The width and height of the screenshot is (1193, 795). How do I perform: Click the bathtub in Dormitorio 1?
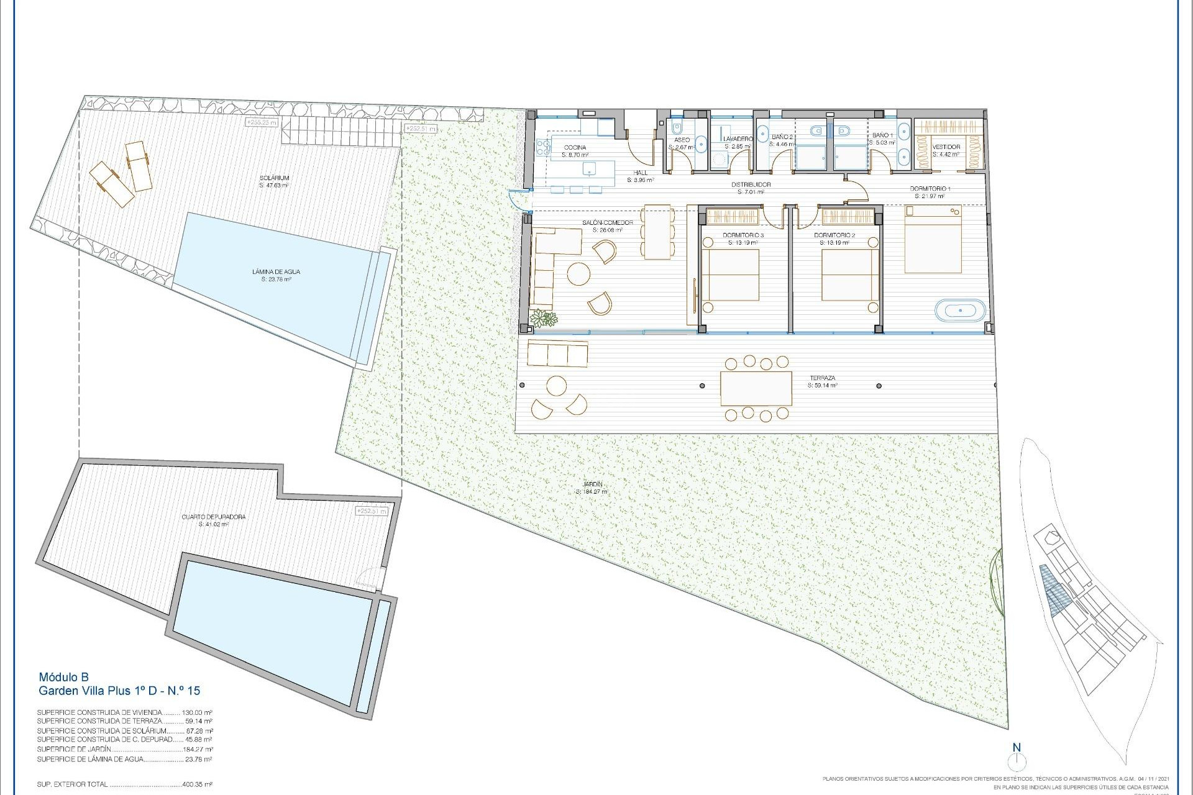click(x=961, y=309)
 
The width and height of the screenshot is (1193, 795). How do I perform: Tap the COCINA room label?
click(x=574, y=148)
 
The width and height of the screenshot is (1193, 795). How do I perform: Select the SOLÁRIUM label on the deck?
click(x=275, y=178)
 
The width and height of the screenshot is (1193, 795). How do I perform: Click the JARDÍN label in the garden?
click(x=593, y=485)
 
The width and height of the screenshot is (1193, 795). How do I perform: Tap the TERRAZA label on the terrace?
click(x=822, y=378)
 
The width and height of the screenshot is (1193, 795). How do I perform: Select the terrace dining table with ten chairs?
click(x=756, y=388)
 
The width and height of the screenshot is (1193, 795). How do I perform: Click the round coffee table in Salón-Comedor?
click(x=579, y=274)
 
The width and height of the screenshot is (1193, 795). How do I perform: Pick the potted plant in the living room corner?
click(x=546, y=319)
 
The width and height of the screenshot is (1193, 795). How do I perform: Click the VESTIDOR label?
click(x=946, y=147)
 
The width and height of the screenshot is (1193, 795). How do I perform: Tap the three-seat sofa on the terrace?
click(x=557, y=353)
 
